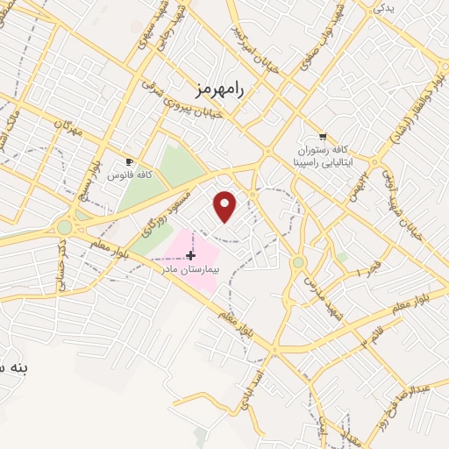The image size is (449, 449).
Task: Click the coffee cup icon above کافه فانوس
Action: [x=130, y=162]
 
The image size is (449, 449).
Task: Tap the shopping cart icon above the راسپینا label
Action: [x=323, y=136]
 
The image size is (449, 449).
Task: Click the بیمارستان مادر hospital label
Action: [x=190, y=269]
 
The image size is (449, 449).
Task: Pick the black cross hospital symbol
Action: [x=190, y=255]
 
